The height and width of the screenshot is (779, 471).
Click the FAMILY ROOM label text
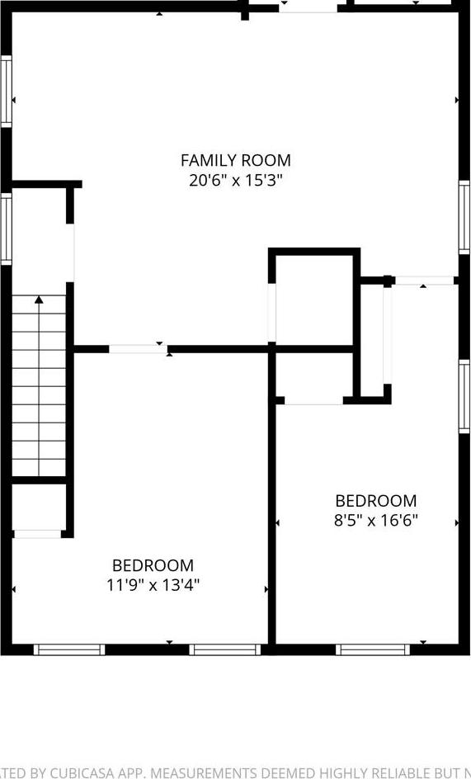pos(235,160)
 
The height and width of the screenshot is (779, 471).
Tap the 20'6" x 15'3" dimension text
pos(235,180)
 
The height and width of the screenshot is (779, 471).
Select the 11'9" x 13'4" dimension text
pos(153,585)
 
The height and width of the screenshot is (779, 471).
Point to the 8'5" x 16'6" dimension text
pos(375,520)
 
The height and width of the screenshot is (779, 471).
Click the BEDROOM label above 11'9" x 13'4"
pos(153,565)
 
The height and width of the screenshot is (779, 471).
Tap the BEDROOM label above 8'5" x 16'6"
pos(375,501)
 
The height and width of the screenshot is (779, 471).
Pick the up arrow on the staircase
pos(39,301)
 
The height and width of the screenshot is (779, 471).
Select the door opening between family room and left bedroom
pos(138,349)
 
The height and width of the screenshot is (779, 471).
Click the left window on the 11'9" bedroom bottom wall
pos(69,649)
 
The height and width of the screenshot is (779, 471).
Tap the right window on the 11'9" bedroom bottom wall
pos(225,649)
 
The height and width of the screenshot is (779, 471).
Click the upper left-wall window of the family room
pos(6,91)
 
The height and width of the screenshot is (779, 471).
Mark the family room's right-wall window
pos(464,216)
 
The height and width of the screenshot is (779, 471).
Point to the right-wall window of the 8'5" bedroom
pos(464,396)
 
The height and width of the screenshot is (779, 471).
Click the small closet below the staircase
pos(38,509)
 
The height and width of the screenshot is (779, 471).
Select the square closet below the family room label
pos(313,299)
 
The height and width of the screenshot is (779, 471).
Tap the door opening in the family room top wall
pos(307,7)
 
